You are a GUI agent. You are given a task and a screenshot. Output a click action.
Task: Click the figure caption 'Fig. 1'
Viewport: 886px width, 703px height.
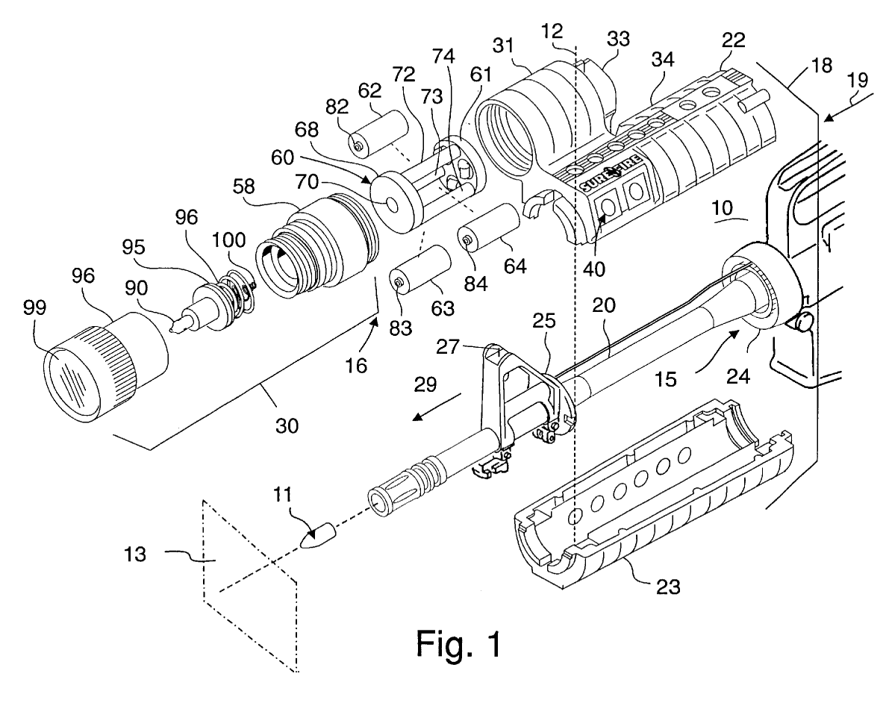point(458,643)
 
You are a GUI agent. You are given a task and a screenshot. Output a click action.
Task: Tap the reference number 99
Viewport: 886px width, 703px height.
point(34,308)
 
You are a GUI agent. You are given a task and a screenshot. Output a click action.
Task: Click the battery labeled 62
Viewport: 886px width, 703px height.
point(378,134)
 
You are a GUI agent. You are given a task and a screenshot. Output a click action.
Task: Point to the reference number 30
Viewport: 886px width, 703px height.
point(287,425)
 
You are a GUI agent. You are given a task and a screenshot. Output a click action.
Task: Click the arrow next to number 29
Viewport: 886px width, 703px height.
point(437,406)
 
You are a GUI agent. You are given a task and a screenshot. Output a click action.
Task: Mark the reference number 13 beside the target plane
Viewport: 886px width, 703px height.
point(135,554)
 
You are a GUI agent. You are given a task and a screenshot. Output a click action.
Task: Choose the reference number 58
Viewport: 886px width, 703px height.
point(243,186)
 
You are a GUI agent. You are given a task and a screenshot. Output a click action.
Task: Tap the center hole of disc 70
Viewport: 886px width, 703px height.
point(393,201)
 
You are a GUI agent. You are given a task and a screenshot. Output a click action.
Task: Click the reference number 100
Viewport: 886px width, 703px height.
point(229,240)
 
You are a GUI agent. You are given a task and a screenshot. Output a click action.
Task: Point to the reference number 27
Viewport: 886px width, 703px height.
point(447,346)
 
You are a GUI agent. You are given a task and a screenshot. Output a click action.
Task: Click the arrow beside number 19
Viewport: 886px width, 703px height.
point(842,109)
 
